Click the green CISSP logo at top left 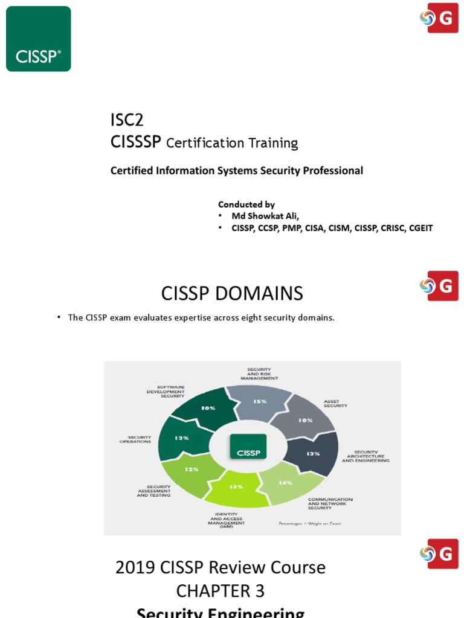pos(38,39)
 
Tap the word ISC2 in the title pos(127,120)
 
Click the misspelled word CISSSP pos(136,142)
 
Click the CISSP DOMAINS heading pos(232,293)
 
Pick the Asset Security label pos(335,403)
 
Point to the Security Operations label pos(135,439)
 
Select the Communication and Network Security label pos(330,503)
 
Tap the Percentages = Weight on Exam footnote pos(309,523)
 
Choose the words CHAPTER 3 pos(220,590)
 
